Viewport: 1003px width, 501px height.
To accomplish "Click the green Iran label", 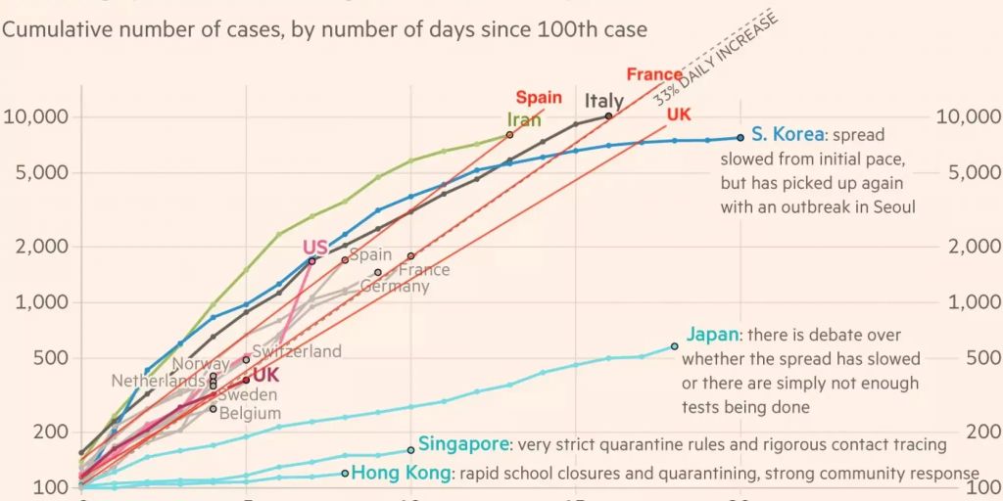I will pos(524,119).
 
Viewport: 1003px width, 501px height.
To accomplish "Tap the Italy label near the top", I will pos(603,101).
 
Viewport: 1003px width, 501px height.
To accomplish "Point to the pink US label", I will pos(314,248).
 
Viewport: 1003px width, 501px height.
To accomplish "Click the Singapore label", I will pos(463,444).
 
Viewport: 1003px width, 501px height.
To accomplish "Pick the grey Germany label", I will pos(395,287).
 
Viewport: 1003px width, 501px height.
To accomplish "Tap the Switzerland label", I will pos(297,351).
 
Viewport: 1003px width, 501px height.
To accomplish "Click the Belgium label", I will pos(250,413).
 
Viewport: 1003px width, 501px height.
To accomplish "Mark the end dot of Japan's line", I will pos(674,346).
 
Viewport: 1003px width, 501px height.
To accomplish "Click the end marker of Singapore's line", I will pos(410,450).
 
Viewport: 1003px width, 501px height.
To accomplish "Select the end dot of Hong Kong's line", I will pos(344,474).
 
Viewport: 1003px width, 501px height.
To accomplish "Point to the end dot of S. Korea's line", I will pos(740,137).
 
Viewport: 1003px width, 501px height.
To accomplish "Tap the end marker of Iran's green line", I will pos(509,134).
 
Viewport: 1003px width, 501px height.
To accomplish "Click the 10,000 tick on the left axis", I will pos(36,117).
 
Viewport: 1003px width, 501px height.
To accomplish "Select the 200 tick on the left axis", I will pos(54,432).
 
